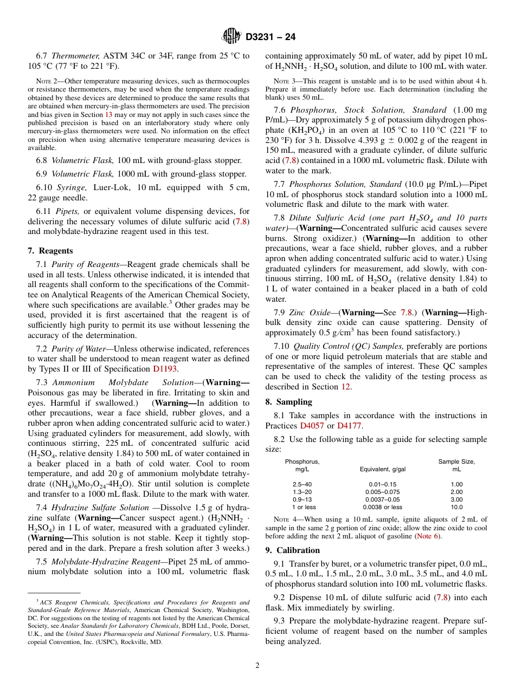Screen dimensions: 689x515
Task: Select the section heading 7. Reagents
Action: (x=50, y=251)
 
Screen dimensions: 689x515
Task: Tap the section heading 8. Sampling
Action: (x=288, y=402)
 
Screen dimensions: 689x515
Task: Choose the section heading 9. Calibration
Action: (x=292, y=550)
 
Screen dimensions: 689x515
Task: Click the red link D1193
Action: (x=165, y=369)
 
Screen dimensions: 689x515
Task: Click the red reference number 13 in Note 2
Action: (x=108, y=114)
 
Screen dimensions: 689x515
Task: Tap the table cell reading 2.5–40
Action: (x=302, y=484)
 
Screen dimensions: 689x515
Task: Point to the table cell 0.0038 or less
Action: (x=383, y=507)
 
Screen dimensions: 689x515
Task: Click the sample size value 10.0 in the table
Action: (x=456, y=507)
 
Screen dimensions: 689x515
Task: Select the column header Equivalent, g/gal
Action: (x=383, y=469)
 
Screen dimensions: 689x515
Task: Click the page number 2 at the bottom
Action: (x=257, y=666)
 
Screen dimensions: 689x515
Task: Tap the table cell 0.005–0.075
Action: (x=383, y=492)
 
